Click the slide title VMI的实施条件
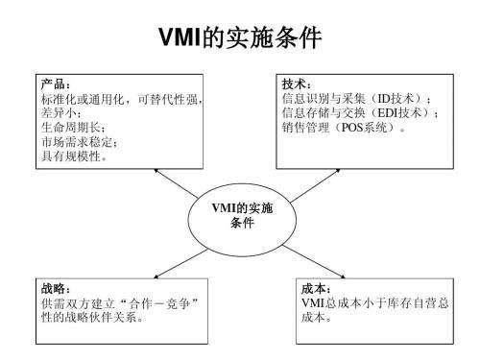tap(240, 40)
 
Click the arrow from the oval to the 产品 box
tap(173, 181)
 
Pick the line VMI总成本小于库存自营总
tap(374, 303)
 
